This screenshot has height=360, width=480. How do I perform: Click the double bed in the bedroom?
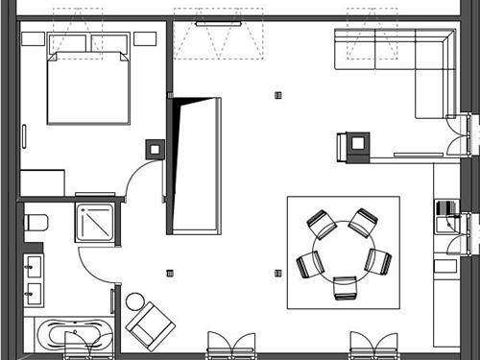click(x=87, y=88)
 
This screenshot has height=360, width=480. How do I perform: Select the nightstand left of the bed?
click(x=33, y=40)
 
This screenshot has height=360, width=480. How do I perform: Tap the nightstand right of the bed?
click(x=145, y=39)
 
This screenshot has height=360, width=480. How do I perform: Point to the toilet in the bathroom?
click(x=36, y=224)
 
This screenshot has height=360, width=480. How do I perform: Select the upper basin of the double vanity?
click(x=34, y=264)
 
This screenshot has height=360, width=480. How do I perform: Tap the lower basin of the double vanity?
click(x=34, y=291)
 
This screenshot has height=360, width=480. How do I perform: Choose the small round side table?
click(x=134, y=301)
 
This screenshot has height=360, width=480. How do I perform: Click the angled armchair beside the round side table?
click(x=150, y=324)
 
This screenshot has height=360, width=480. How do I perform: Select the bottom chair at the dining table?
click(x=345, y=287)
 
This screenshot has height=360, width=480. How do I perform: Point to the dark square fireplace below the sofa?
click(x=358, y=142)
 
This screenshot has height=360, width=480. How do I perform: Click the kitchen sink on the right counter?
click(x=444, y=225)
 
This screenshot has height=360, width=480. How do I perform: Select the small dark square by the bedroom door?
click(x=154, y=149)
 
